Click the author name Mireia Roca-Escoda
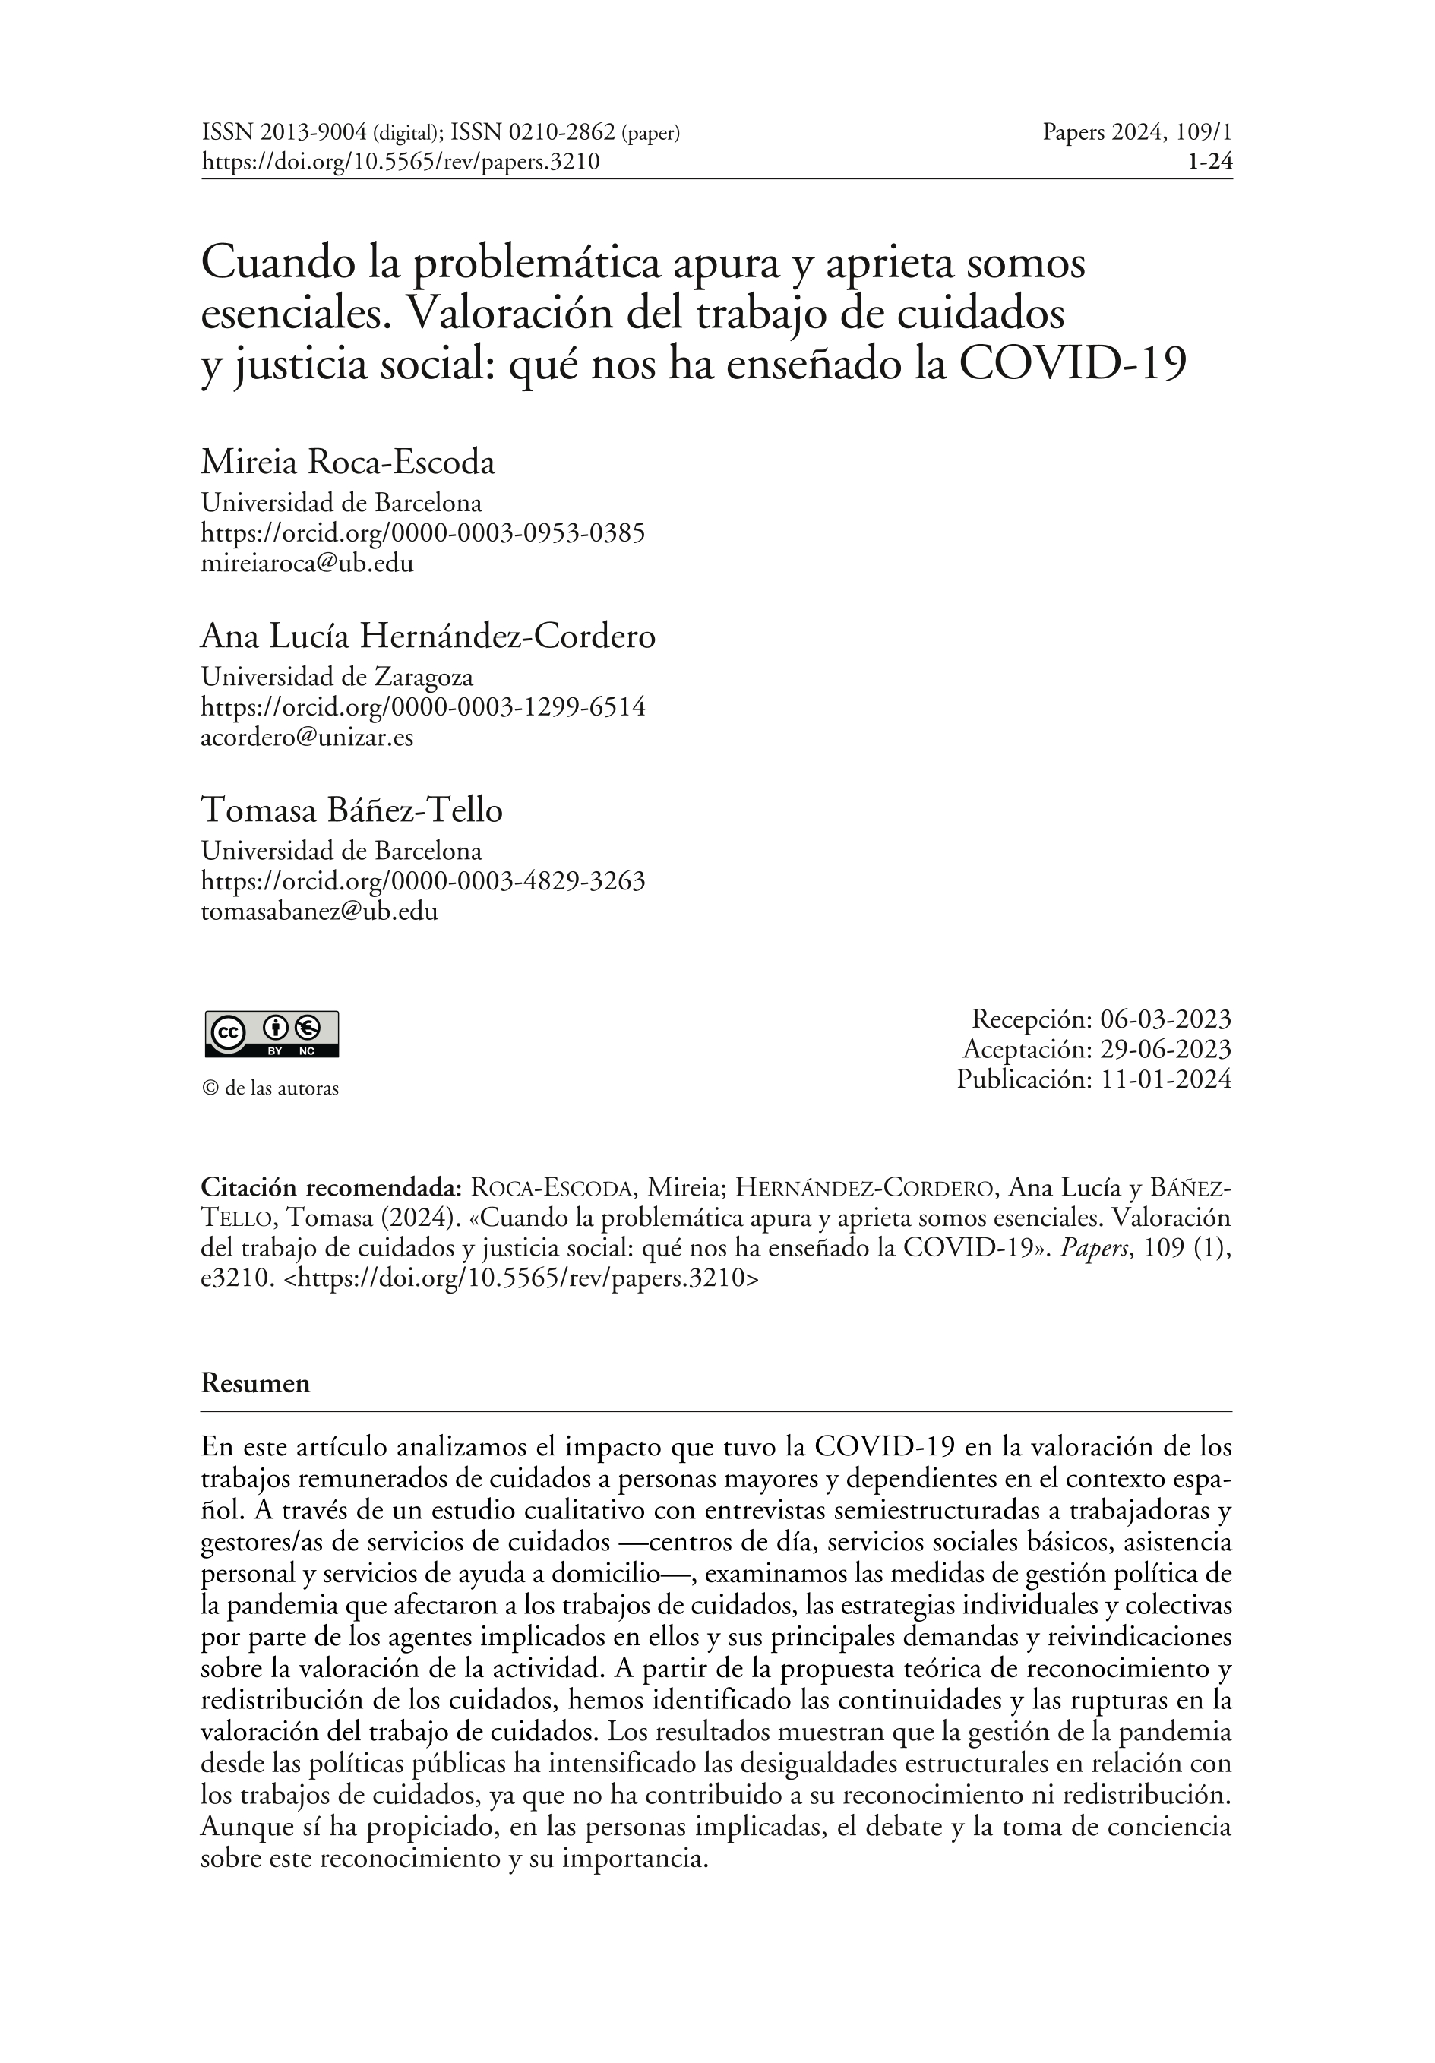[x=348, y=463]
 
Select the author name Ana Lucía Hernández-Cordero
[x=428, y=637]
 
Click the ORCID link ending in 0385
[x=422, y=534]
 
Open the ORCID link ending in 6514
[x=422, y=707]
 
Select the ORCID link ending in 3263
[x=422, y=880]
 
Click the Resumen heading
[x=255, y=1383]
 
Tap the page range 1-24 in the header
[x=1209, y=162]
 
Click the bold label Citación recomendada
[x=330, y=1187]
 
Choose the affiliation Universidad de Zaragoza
[x=337, y=677]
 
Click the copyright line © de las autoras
[x=270, y=1088]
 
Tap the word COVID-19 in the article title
[x=1073, y=364]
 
